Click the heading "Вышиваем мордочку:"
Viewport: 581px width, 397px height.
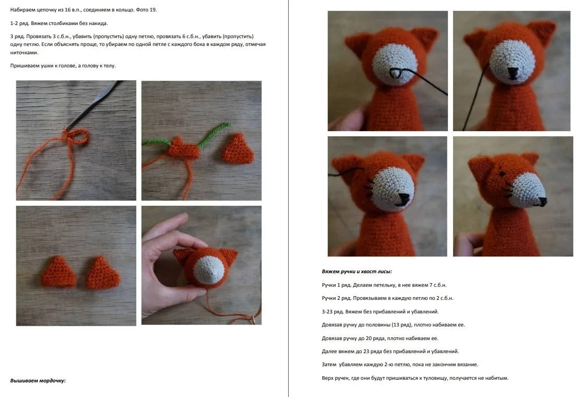[x=38, y=381]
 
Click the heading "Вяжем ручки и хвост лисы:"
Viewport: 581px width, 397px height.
[x=357, y=272]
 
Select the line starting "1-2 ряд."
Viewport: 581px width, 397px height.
[x=59, y=24]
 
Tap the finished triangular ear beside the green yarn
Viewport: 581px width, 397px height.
[x=238, y=149]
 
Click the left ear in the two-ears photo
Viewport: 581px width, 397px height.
[x=58, y=272]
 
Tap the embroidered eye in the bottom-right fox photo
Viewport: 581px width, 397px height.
[x=501, y=173]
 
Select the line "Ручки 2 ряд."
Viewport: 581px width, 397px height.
[x=387, y=298]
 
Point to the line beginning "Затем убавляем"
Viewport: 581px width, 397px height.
[x=400, y=365]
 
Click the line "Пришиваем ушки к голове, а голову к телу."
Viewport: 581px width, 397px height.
[x=63, y=66]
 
